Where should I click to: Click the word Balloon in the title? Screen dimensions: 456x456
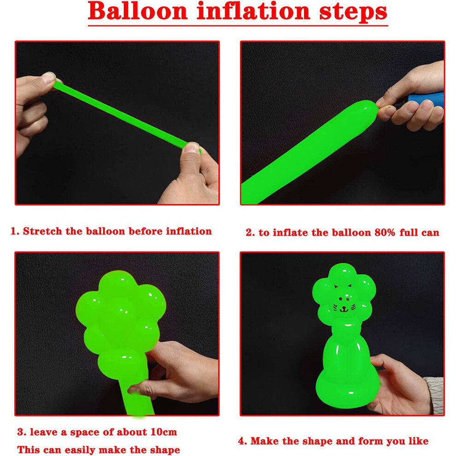click(x=138, y=11)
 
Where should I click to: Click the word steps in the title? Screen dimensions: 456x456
click(x=353, y=12)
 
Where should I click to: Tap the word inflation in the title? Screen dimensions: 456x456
click(x=253, y=11)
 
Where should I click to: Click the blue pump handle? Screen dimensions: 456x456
click(x=426, y=99)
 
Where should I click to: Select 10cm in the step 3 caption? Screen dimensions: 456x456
click(x=164, y=432)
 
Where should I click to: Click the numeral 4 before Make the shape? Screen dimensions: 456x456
click(x=242, y=441)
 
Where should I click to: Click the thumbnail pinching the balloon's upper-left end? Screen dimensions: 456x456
click(x=48, y=77)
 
